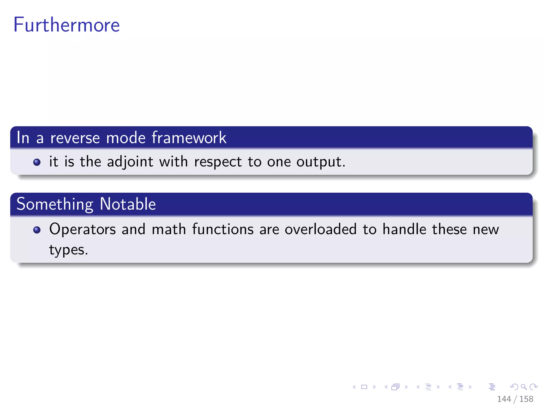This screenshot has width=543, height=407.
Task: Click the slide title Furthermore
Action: [67, 25]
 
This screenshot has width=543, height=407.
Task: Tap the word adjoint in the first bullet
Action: [130, 162]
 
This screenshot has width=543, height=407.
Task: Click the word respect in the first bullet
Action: [218, 162]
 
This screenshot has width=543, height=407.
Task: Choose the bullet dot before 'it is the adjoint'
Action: [37, 162]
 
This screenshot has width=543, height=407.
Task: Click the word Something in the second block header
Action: [55, 204]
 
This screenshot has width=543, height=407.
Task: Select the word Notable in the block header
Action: [128, 204]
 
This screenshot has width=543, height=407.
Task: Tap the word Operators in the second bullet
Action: [82, 229]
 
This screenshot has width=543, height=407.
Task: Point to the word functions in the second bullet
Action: [223, 229]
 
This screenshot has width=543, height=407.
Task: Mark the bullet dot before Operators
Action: [37, 230]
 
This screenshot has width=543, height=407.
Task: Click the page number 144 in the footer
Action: [504, 399]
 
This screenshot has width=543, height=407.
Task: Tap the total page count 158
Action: [526, 399]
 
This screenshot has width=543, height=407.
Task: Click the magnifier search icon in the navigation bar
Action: [524, 387]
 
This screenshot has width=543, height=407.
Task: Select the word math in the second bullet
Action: [169, 229]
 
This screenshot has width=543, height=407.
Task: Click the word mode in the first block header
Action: [126, 138]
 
